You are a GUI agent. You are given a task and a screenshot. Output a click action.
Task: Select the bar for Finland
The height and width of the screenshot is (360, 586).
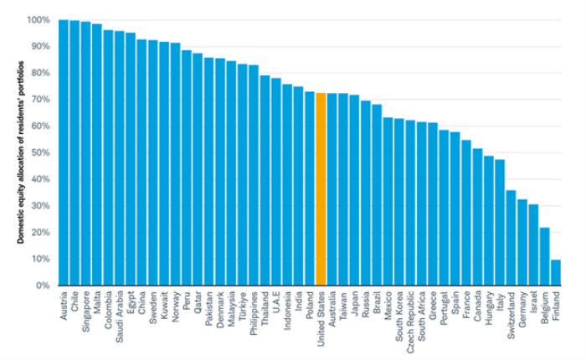(x=556, y=273)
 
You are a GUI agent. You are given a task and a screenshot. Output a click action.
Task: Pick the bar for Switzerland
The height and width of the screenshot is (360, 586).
(x=511, y=238)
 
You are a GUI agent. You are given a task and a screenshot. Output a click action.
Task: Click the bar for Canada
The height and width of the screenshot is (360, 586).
(x=477, y=217)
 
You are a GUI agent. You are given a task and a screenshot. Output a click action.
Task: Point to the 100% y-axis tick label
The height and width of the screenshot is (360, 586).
(x=37, y=19)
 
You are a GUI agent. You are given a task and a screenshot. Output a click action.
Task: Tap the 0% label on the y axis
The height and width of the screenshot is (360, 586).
(x=41, y=285)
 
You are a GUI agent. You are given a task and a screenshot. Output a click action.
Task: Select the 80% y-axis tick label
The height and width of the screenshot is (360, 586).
(x=39, y=73)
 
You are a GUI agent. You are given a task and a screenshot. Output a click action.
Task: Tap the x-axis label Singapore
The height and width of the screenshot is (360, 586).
(x=86, y=311)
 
